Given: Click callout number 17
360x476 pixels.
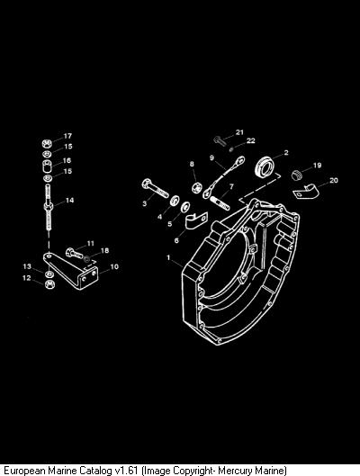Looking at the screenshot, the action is tap(67, 136).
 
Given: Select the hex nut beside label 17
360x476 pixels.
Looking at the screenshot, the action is tap(47, 143).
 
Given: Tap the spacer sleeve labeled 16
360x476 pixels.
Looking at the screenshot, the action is tap(47, 166).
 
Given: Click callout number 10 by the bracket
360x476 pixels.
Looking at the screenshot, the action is tap(114, 267).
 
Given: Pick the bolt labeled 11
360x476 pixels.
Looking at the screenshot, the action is tap(74, 253).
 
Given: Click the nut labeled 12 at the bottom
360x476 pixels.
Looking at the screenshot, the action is tap(49, 284).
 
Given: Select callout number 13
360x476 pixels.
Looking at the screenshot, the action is tap(27, 266).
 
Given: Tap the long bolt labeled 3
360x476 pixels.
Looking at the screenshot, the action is tap(155, 188).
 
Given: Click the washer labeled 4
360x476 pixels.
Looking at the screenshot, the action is tap(175, 201).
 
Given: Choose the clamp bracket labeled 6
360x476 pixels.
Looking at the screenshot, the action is tap(196, 220).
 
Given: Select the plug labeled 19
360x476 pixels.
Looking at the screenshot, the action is tap(296, 175).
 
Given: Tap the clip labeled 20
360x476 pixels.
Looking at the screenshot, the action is tap(306, 192).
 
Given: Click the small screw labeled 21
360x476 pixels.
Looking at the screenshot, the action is tap(220, 141).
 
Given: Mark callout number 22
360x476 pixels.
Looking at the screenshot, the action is tap(251, 140).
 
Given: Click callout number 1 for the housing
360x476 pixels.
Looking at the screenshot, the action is tap(168, 257).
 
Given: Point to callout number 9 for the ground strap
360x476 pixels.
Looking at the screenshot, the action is tap(211, 157).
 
